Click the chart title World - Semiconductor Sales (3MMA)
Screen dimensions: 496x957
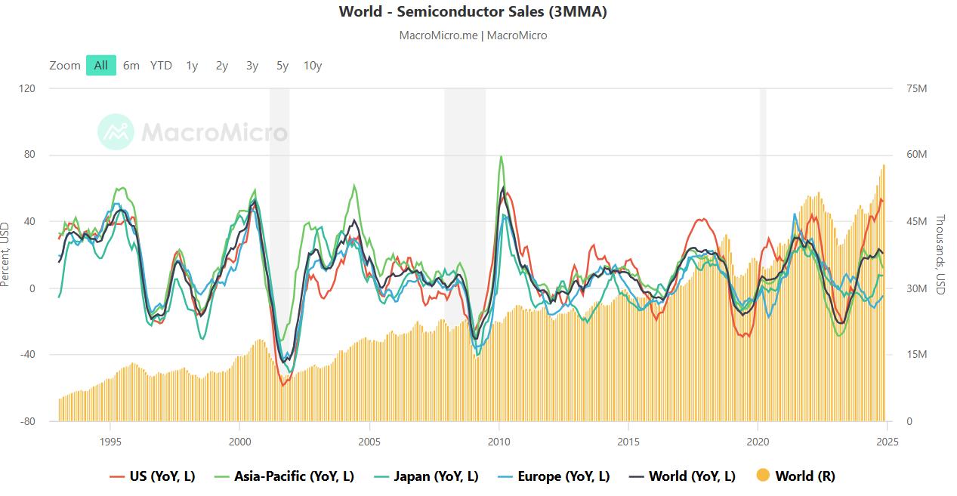coord(472,11)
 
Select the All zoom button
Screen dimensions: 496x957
coord(101,66)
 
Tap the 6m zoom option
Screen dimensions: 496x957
coord(131,66)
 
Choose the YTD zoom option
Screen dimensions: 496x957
coord(161,66)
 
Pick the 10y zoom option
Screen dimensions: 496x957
coord(313,66)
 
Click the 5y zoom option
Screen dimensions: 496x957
coord(282,66)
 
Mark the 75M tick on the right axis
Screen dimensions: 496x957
coord(916,88)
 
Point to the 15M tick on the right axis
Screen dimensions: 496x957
coord(916,355)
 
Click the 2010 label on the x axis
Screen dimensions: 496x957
coord(499,442)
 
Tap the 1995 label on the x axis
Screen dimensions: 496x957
coord(110,442)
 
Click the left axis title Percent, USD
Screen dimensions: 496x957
coord(6,254)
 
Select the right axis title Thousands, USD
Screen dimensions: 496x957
coord(941,254)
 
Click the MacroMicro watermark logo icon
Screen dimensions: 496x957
coord(116,132)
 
